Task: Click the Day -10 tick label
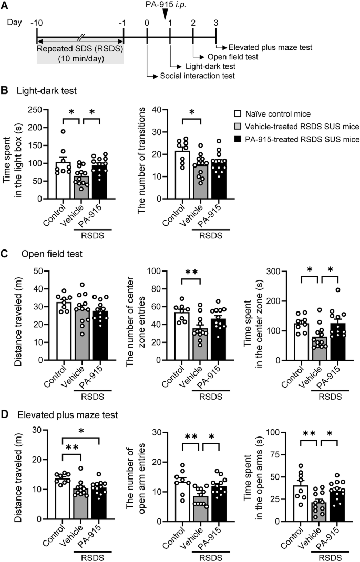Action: point(36,24)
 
